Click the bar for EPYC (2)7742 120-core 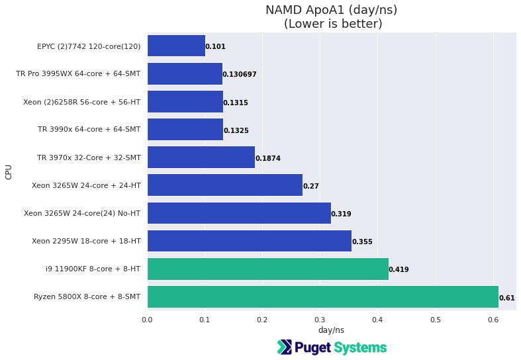[x=176, y=46]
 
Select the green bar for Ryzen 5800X [x=322, y=296]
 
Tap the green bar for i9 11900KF [x=267, y=269]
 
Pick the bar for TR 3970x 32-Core [x=201, y=157]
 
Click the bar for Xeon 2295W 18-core [x=249, y=242]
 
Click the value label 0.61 [x=506, y=298]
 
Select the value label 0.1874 [x=268, y=159]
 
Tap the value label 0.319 [x=341, y=214]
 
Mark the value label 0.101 [x=215, y=47]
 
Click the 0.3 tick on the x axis [x=320, y=320]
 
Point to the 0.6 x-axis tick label [x=493, y=320]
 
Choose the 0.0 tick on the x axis [x=147, y=320]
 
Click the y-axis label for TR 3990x [x=89, y=130]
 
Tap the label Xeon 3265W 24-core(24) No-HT [x=81, y=213]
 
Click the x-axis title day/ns [x=331, y=330]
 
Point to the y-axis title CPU [x=9, y=171]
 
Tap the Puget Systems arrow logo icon [x=284, y=347]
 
